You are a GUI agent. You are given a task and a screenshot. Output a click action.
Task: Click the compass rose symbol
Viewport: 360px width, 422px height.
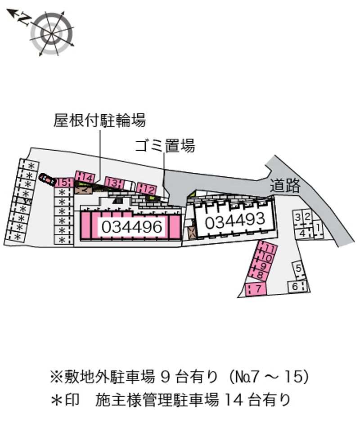point(51,33)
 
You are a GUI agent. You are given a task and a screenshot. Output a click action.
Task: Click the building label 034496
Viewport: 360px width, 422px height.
point(132,227)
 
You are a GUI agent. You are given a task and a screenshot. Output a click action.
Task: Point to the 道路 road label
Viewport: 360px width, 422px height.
point(285,186)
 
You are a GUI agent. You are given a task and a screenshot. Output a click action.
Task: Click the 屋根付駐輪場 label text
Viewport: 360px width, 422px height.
point(100,120)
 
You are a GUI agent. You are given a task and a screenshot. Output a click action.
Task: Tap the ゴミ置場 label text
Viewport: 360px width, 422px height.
point(165,146)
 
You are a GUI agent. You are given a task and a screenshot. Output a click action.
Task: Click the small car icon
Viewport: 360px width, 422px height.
point(47,180)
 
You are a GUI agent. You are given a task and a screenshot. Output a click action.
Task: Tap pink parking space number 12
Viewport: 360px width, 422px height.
point(146,189)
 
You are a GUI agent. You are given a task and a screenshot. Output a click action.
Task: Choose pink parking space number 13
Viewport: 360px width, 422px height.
point(114,183)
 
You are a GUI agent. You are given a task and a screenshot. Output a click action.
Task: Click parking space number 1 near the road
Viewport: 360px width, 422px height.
point(318,228)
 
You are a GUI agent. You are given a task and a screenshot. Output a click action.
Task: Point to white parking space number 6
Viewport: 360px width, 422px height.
point(297,286)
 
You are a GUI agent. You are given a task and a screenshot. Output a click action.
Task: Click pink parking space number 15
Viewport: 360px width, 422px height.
point(63,183)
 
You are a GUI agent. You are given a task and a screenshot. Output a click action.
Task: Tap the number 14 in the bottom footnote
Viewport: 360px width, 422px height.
point(234,400)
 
